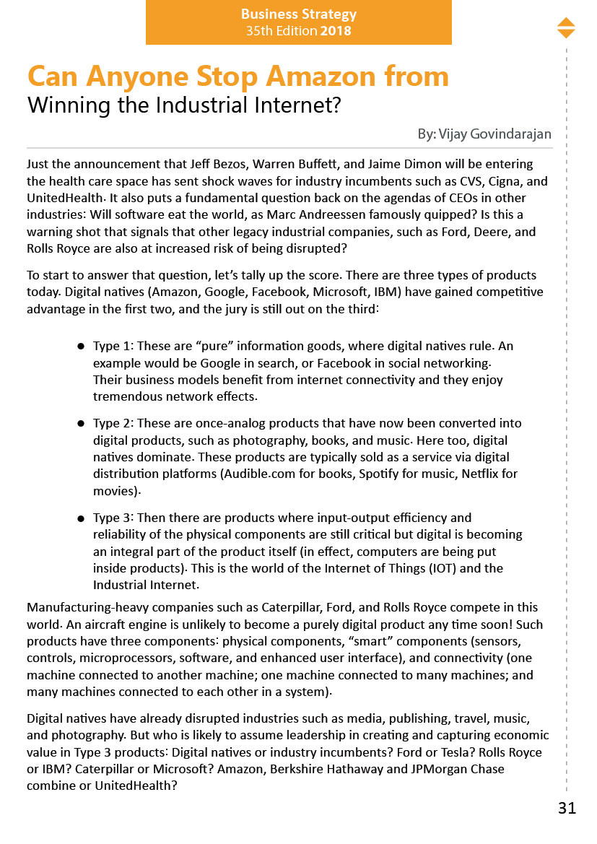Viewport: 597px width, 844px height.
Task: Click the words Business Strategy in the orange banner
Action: [x=298, y=14]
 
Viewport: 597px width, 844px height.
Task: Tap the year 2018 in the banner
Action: [x=336, y=31]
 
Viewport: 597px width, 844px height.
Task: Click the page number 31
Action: [x=567, y=808]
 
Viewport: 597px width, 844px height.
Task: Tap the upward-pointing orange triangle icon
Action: [x=566, y=22]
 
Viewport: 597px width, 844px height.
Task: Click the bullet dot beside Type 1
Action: [x=82, y=347]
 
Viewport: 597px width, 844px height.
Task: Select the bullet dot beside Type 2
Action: [x=82, y=424]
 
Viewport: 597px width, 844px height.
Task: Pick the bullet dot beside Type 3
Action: [x=82, y=518]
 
